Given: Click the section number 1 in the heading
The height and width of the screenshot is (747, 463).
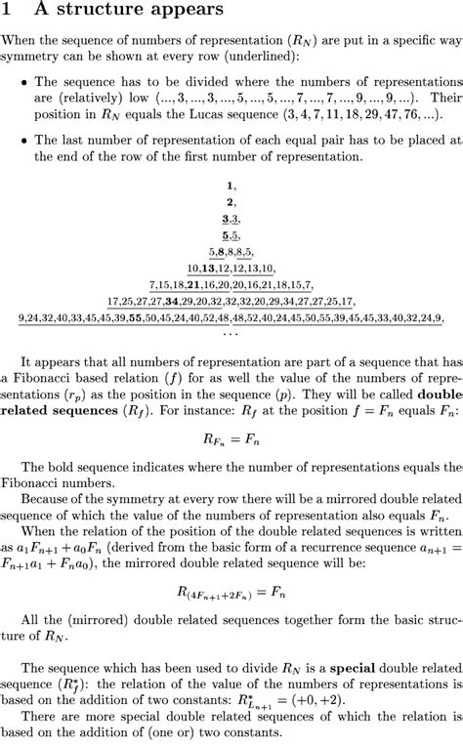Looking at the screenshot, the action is coord(7,12).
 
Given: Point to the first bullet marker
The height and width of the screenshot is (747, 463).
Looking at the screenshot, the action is coord(24,84).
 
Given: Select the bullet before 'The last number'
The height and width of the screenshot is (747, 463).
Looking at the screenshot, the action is coord(24,141).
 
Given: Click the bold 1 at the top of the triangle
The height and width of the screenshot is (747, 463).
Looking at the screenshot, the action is coord(231,184).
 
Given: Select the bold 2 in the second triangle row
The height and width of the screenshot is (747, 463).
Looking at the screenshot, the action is coord(231,201).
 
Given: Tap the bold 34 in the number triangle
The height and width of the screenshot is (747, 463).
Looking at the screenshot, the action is coord(172,301).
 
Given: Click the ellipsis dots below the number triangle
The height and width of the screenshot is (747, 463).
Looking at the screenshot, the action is coord(231,332).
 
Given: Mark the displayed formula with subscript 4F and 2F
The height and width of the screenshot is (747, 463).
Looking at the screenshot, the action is coord(231,594).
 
